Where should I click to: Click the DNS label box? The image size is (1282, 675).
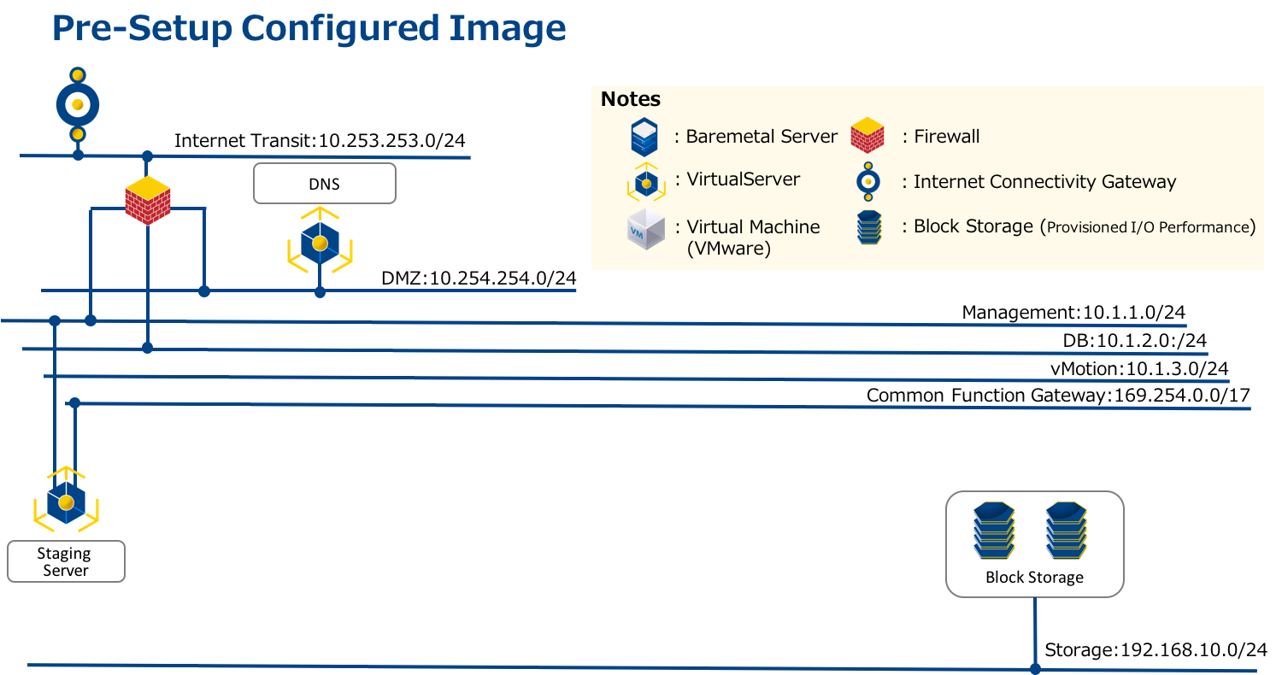coord(325,184)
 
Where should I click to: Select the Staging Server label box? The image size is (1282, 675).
coord(66,561)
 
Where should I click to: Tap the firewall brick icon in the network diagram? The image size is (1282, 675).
coord(147,200)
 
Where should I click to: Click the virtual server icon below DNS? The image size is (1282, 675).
coord(320,242)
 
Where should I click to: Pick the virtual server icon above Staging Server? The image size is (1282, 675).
coord(66,500)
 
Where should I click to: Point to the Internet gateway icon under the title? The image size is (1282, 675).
coord(78,104)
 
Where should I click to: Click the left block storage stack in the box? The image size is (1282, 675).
coord(994,530)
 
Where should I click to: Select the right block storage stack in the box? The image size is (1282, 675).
coord(1067,530)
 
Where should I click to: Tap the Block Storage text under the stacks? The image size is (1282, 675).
coord(1034,578)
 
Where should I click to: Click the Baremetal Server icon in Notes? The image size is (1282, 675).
coord(644,137)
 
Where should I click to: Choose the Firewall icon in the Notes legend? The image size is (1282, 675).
coord(867,135)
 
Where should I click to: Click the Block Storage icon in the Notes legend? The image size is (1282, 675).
coord(868,227)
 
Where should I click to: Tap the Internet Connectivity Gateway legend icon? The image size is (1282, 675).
coord(868,181)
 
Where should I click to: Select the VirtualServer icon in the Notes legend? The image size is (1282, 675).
coord(646,182)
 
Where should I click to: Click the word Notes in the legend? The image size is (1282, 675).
coord(631,99)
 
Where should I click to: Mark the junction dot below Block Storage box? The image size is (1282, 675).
coord(1035,668)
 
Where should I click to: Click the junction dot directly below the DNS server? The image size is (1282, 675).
coord(320,292)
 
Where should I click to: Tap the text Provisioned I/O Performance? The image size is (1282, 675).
coord(1149,227)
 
